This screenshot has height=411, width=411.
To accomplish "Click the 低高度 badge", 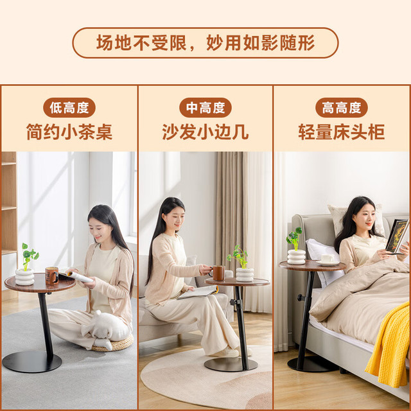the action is [69, 107].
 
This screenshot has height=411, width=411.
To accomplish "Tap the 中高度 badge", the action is [205, 107].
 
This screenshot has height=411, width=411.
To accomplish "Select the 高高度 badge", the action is [341, 107].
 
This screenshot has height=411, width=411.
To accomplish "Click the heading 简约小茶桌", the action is [69, 132].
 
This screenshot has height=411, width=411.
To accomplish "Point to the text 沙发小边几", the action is [205, 132].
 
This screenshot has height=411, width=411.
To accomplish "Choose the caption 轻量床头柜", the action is [341, 132].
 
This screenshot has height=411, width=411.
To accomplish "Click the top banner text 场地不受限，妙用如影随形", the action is [205, 43].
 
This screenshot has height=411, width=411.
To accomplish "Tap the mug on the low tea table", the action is [51, 275].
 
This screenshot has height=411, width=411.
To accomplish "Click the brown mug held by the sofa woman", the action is [218, 273].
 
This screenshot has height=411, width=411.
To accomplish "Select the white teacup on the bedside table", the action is [327, 258].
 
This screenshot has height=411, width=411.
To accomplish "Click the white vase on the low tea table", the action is [24, 277].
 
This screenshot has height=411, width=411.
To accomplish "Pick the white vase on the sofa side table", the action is [245, 274].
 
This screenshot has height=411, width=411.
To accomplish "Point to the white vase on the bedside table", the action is [296, 257].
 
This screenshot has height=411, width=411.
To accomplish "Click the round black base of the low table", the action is [31, 362].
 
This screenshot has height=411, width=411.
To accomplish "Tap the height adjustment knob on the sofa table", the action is [233, 302].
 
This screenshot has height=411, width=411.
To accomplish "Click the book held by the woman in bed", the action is [397, 236].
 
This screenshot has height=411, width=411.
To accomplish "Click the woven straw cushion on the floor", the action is [113, 343].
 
